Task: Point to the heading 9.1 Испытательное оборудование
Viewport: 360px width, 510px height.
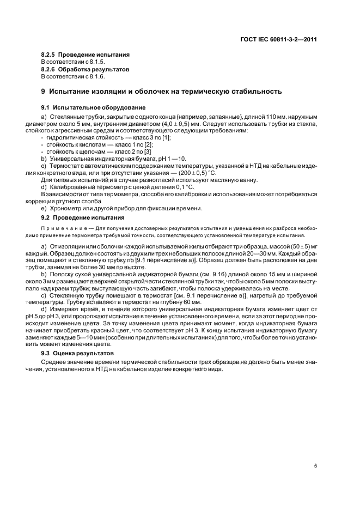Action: coord(86,107)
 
